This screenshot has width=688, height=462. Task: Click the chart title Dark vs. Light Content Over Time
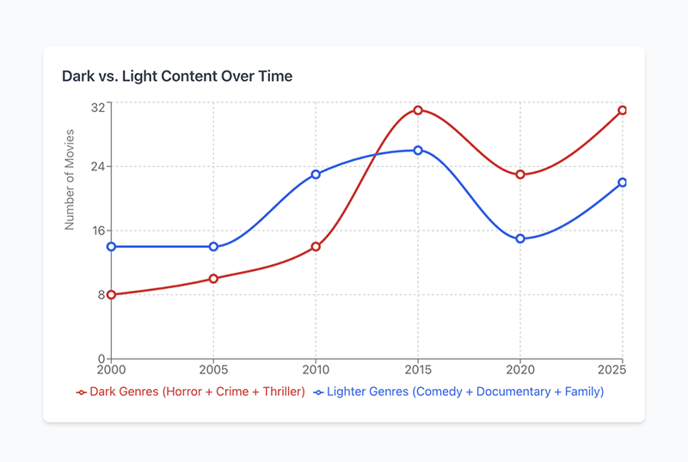tap(177, 77)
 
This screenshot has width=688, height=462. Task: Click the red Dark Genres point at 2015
tap(418, 110)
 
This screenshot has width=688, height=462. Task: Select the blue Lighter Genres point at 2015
tap(418, 151)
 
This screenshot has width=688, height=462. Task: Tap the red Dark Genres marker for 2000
tap(111, 295)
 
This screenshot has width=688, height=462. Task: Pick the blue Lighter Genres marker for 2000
tap(111, 247)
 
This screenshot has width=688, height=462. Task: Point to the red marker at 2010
tap(316, 247)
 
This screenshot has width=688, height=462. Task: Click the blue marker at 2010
tap(316, 175)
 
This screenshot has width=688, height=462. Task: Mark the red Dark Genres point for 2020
tap(520, 175)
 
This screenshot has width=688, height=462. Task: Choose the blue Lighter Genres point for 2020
tap(520, 238)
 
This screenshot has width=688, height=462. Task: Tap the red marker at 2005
tap(213, 279)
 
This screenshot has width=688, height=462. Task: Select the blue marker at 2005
tap(213, 247)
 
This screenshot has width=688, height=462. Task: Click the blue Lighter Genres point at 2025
tap(623, 182)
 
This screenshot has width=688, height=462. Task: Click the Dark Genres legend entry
tap(191, 392)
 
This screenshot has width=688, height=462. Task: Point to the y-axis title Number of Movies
tap(70, 180)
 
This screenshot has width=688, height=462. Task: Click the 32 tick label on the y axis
tap(97, 107)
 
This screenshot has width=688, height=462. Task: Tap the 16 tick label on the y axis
tap(97, 231)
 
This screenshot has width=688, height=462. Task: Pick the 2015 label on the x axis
tap(418, 370)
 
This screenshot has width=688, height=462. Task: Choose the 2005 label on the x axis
tap(213, 370)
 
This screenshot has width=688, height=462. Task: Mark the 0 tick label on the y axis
tap(101, 359)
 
